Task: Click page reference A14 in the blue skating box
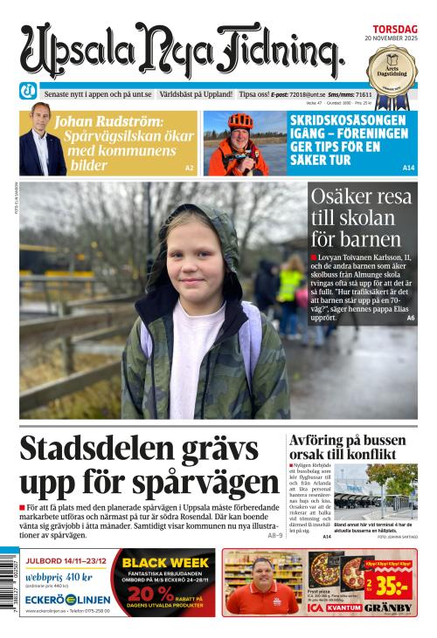click(x=408, y=167)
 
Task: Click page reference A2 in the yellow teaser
click(x=189, y=167)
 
